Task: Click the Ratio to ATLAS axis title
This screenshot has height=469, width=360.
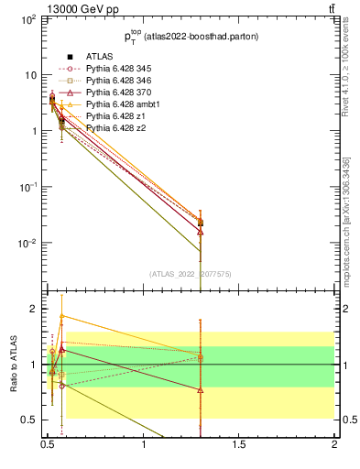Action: [13, 365]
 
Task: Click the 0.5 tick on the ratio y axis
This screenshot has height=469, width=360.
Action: [27, 420]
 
